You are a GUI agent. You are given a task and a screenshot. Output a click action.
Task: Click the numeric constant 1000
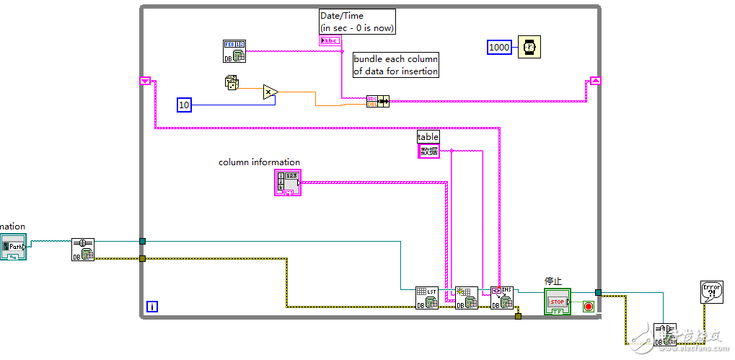tap(499, 48)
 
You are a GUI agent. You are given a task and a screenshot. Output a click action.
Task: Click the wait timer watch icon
tap(529, 48)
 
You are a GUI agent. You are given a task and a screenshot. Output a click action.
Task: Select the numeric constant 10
tap(184, 105)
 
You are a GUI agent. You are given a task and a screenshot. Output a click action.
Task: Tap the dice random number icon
tap(232, 84)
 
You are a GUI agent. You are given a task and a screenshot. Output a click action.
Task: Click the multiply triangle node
tap(269, 92)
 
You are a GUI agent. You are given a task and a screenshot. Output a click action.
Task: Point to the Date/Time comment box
tap(358, 21)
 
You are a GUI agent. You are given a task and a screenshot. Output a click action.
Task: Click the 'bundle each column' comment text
tap(395, 65)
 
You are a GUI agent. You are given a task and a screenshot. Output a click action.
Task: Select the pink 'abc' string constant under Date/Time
tap(330, 40)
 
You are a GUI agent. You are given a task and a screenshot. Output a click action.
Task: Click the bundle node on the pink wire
tap(378, 101)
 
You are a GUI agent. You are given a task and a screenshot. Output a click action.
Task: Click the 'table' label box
tap(428, 136)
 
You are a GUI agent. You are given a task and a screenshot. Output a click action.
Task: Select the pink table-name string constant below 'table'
tap(428, 151)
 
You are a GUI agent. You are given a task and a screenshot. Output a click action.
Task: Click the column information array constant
tap(287, 183)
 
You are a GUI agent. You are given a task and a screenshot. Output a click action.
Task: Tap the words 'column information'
tap(259, 162)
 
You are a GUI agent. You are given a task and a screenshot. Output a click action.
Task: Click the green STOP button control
tap(558, 302)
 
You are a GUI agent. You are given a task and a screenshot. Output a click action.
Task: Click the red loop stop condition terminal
tap(588, 307)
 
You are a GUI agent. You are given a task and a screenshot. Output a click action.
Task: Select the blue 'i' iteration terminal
tap(152, 307)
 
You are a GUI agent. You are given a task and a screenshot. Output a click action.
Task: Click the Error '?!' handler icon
tap(712, 291)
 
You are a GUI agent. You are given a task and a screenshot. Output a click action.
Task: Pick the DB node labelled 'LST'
tap(426, 298)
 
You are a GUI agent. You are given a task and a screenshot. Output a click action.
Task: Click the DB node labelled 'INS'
tap(502, 297)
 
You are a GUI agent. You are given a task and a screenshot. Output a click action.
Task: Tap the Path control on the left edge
tap(13, 246)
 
